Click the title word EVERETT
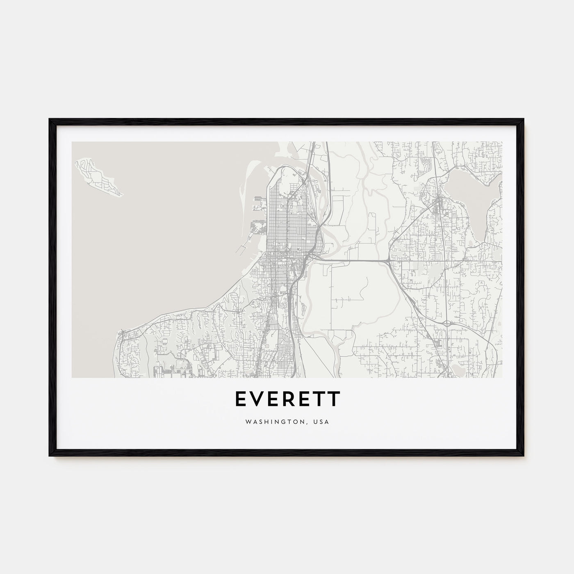(287, 399)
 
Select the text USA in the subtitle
(322, 421)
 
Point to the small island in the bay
(98, 178)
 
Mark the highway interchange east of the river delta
(388, 260)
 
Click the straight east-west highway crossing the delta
(353, 260)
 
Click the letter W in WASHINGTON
(248, 421)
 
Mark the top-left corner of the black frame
(50, 119)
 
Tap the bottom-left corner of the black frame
(50, 456)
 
